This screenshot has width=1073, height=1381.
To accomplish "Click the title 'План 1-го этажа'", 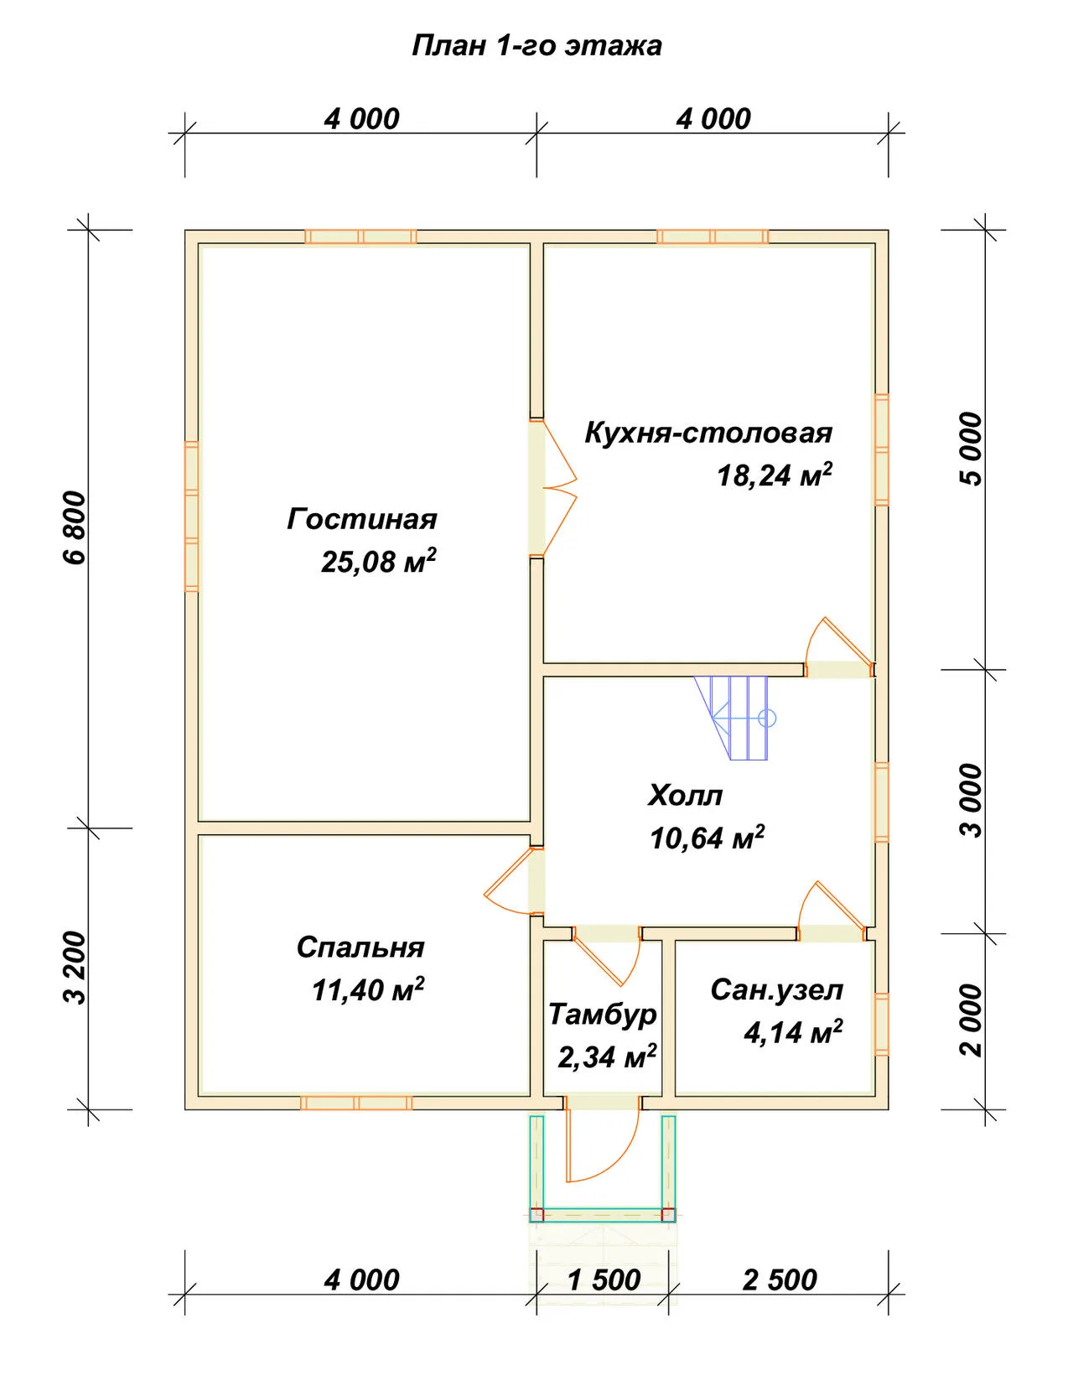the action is click(536, 46).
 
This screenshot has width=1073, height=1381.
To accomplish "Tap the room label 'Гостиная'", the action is click(362, 519).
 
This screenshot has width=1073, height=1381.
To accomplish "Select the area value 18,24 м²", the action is click(775, 475).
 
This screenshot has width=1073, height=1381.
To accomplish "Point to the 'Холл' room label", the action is click(686, 795).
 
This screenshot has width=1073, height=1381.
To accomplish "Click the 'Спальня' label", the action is click(360, 947).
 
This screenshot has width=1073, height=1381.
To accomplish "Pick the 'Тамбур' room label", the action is click(602, 1015).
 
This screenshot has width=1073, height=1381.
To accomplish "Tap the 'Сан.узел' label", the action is click(777, 990).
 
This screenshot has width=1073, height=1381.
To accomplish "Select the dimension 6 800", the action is click(75, 527).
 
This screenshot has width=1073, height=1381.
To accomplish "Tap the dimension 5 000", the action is click(972, 449).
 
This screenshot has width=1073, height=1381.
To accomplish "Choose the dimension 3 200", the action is click(75, 968).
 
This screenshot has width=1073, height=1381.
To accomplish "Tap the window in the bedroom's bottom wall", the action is click(355, 1103).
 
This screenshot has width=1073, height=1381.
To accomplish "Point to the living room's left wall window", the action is click(191, 517).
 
